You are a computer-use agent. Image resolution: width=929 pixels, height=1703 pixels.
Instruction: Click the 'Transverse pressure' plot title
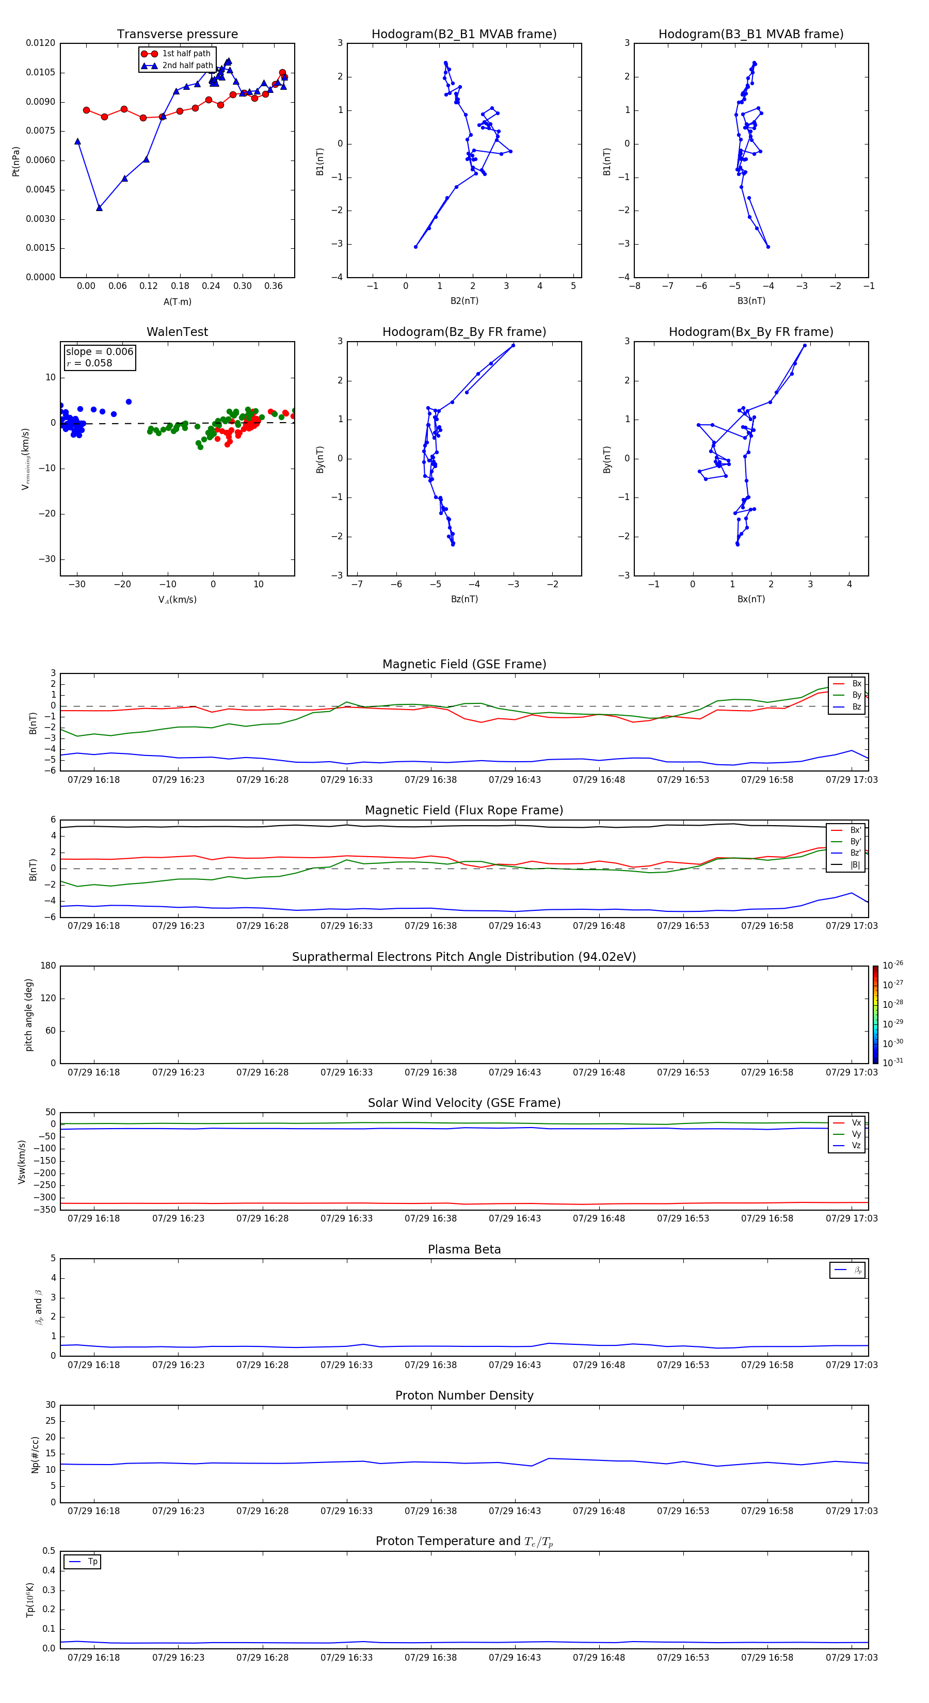click(x=177, y=35)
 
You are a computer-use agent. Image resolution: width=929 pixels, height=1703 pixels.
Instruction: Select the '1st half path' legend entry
click(x=186, y=54)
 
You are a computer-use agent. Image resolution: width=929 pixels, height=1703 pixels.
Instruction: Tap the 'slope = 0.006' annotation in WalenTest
click(x=99, y=352)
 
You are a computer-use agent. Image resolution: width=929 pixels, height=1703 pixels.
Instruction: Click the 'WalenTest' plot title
click(x=177, y=332)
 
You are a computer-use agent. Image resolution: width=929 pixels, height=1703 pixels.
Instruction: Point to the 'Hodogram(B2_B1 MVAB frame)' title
click(x=463, y=35)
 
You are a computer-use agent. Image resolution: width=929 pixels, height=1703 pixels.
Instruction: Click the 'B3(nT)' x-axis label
click(x=751, y=301)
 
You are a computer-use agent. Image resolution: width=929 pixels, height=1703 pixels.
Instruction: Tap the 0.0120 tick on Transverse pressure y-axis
click(x=40, y=43)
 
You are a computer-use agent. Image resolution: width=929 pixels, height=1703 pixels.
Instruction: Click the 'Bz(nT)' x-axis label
click(x=464, y=599)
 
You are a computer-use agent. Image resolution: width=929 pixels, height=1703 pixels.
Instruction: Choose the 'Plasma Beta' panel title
click(x=464, y=1249)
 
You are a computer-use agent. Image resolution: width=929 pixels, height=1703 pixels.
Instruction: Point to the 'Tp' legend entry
click(x=92, y=1562)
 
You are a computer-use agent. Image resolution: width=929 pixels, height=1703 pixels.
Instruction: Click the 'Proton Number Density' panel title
click(x=464, y=1395)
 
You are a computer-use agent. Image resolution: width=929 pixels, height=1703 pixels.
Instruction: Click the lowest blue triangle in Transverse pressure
click(x=99, y=207)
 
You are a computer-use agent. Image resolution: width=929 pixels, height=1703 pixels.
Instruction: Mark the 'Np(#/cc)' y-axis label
click(x=36, y=1454)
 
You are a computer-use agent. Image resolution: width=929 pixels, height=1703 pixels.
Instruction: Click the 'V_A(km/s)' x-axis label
click(x=177, y=600)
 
